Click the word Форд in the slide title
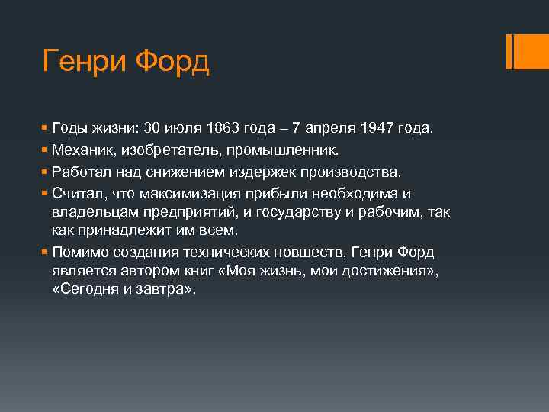[x=175, y=60]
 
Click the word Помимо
[x=81, y=253]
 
